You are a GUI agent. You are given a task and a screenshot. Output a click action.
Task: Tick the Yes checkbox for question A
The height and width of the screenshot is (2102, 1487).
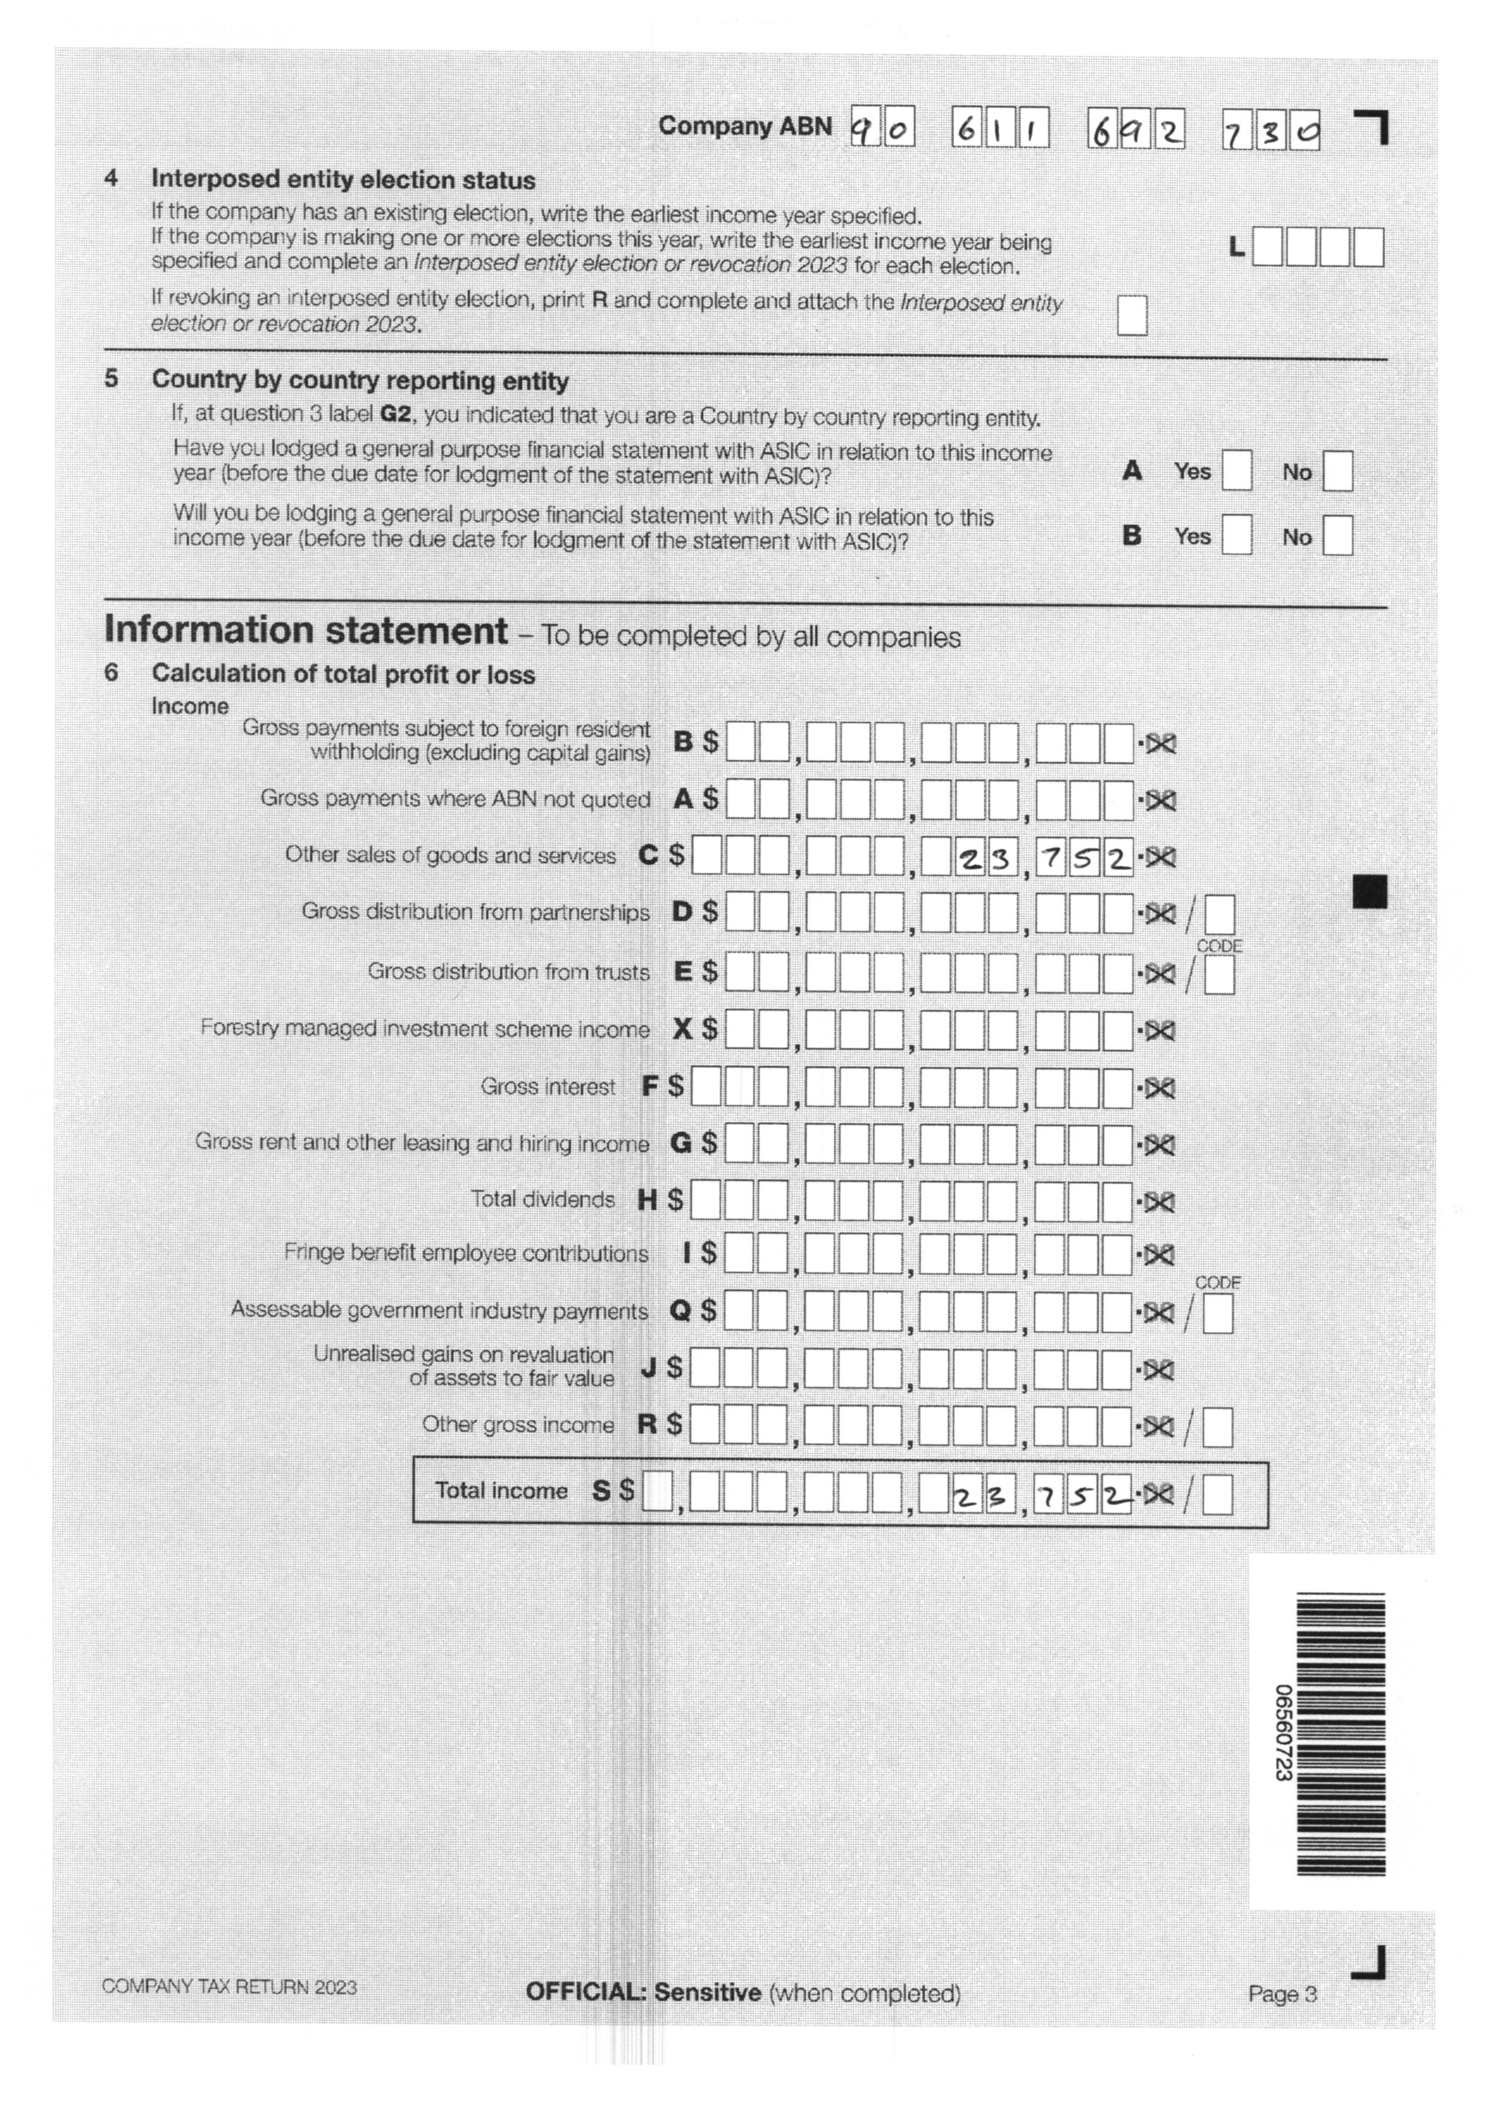tap(1236, 472)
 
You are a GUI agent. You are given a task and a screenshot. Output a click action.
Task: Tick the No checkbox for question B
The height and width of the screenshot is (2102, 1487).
tap(1337, 536)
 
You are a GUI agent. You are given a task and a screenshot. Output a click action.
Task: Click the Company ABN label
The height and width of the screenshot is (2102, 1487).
tap(745, 126)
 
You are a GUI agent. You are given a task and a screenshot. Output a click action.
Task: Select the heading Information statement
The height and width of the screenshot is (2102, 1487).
tap(306, 631)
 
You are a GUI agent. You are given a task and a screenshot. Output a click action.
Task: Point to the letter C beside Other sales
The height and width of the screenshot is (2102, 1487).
tap(648, 856)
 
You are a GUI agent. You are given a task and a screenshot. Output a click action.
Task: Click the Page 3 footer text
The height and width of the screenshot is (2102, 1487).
tap(1282, 1994)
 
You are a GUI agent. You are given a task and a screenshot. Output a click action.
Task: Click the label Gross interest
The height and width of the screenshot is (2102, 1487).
tap(547, 1087)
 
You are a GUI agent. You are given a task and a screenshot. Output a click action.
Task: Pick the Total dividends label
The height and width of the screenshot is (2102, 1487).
tap(542, 1199)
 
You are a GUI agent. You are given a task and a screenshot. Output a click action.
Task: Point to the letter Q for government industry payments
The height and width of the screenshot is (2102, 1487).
tap(679, 1311)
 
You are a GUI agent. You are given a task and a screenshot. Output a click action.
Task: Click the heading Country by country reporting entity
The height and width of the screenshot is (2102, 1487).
tap(360, 380)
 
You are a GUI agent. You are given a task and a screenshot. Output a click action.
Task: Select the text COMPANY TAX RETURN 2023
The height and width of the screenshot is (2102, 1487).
tap(229, 1987)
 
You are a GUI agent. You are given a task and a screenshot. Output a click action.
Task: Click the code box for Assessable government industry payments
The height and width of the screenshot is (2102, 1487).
tap(1217, 1316)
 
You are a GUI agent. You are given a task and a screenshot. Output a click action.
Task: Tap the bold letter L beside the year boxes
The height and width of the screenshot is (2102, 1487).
tap(1236, 247)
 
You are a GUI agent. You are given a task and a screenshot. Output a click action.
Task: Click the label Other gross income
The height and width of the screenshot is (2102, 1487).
tap(517, 1425)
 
